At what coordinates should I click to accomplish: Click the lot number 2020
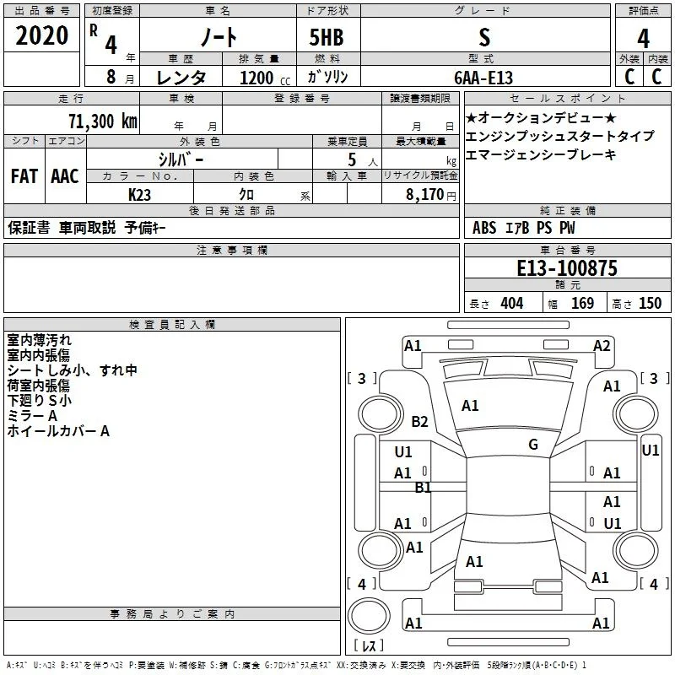coord(41,35)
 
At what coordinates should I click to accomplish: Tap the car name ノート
coord(219,36)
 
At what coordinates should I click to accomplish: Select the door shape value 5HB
coord(327,37)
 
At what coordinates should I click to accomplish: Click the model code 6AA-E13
coord(483,78)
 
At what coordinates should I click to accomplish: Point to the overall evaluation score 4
coord(643,38)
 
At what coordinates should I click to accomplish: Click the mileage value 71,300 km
coord(103,121)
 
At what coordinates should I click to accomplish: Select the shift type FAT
coord(24,176)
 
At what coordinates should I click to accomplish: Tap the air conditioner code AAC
coord(65,176)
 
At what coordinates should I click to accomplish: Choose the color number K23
coord(139,195)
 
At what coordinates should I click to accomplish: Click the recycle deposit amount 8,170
coord(425,194)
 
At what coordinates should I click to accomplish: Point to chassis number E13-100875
coord(567,267)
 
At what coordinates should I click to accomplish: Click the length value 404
coord(512,303)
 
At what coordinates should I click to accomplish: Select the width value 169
coord(582,303)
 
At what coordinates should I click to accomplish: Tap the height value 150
coord(650,303)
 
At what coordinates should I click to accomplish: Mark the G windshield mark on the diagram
coord(533,444)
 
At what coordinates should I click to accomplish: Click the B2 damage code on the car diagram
coord(419,421)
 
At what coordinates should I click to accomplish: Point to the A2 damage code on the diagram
coord(602,346)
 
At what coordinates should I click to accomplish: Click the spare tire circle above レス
coord(369,616)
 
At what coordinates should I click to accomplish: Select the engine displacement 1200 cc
coord(265,78)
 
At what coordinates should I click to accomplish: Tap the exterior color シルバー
coord(181,159)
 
